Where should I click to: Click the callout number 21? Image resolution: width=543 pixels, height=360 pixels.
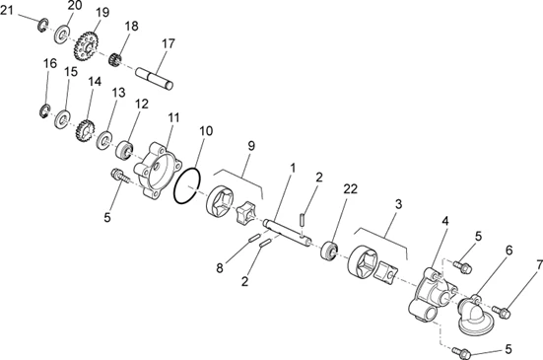pyautogui.click(x=7, y=11)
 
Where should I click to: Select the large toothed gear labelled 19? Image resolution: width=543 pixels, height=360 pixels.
pyautogui.click(x=86, y=46)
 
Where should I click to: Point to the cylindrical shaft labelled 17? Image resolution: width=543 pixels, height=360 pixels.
pyautogui.click(x=154, y=79)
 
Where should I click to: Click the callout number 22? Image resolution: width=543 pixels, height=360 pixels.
pyautogui.click(x=350, y=188)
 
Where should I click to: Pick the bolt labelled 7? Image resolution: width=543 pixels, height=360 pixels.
pyautogui.click(x=502, y=312)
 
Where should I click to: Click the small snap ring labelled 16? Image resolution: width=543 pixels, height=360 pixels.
pyautogui.click(x=44, y=110)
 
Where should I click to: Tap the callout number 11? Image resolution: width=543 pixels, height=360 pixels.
pyautogui.click(x=173, y=117)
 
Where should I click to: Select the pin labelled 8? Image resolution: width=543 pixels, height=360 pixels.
pyautogui.click(x=254, y=239)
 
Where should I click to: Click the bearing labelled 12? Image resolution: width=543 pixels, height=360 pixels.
pyautogui.click(x=124, y=151)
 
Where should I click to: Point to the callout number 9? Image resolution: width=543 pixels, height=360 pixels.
pyautogui.click(x=251, y=146)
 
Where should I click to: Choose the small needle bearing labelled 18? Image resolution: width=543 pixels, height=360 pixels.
pyautogui.click(x=114, y=60)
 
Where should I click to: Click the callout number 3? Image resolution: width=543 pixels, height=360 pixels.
pyautogui.click(x=398, y=204)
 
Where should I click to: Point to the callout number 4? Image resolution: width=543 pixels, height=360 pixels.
pyautogui.click(x=445, y=221)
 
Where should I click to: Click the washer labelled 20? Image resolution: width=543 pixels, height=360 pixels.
pyautogui.click(x=62, y=34)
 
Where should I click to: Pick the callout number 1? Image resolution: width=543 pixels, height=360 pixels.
pyautogui.click(x=293, y=168)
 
